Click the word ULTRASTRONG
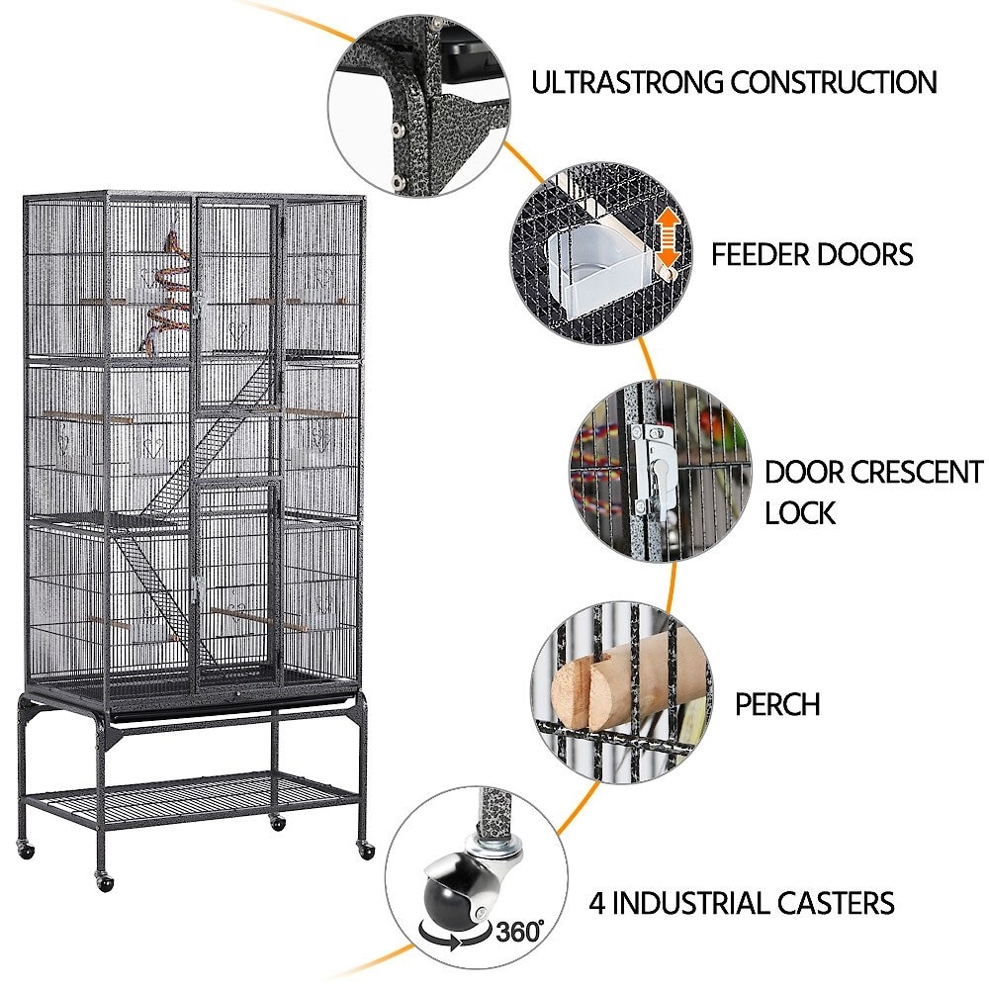(626, 83)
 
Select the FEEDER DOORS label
(812, 255)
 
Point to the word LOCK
(800, 512)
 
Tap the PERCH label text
(777, 704)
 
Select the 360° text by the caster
(519, 932)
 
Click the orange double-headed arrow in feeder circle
(668, 239)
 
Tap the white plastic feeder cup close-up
(591, 271)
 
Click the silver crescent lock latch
(654, 468)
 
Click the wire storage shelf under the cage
(189, 800)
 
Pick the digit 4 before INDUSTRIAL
(596, 903)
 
